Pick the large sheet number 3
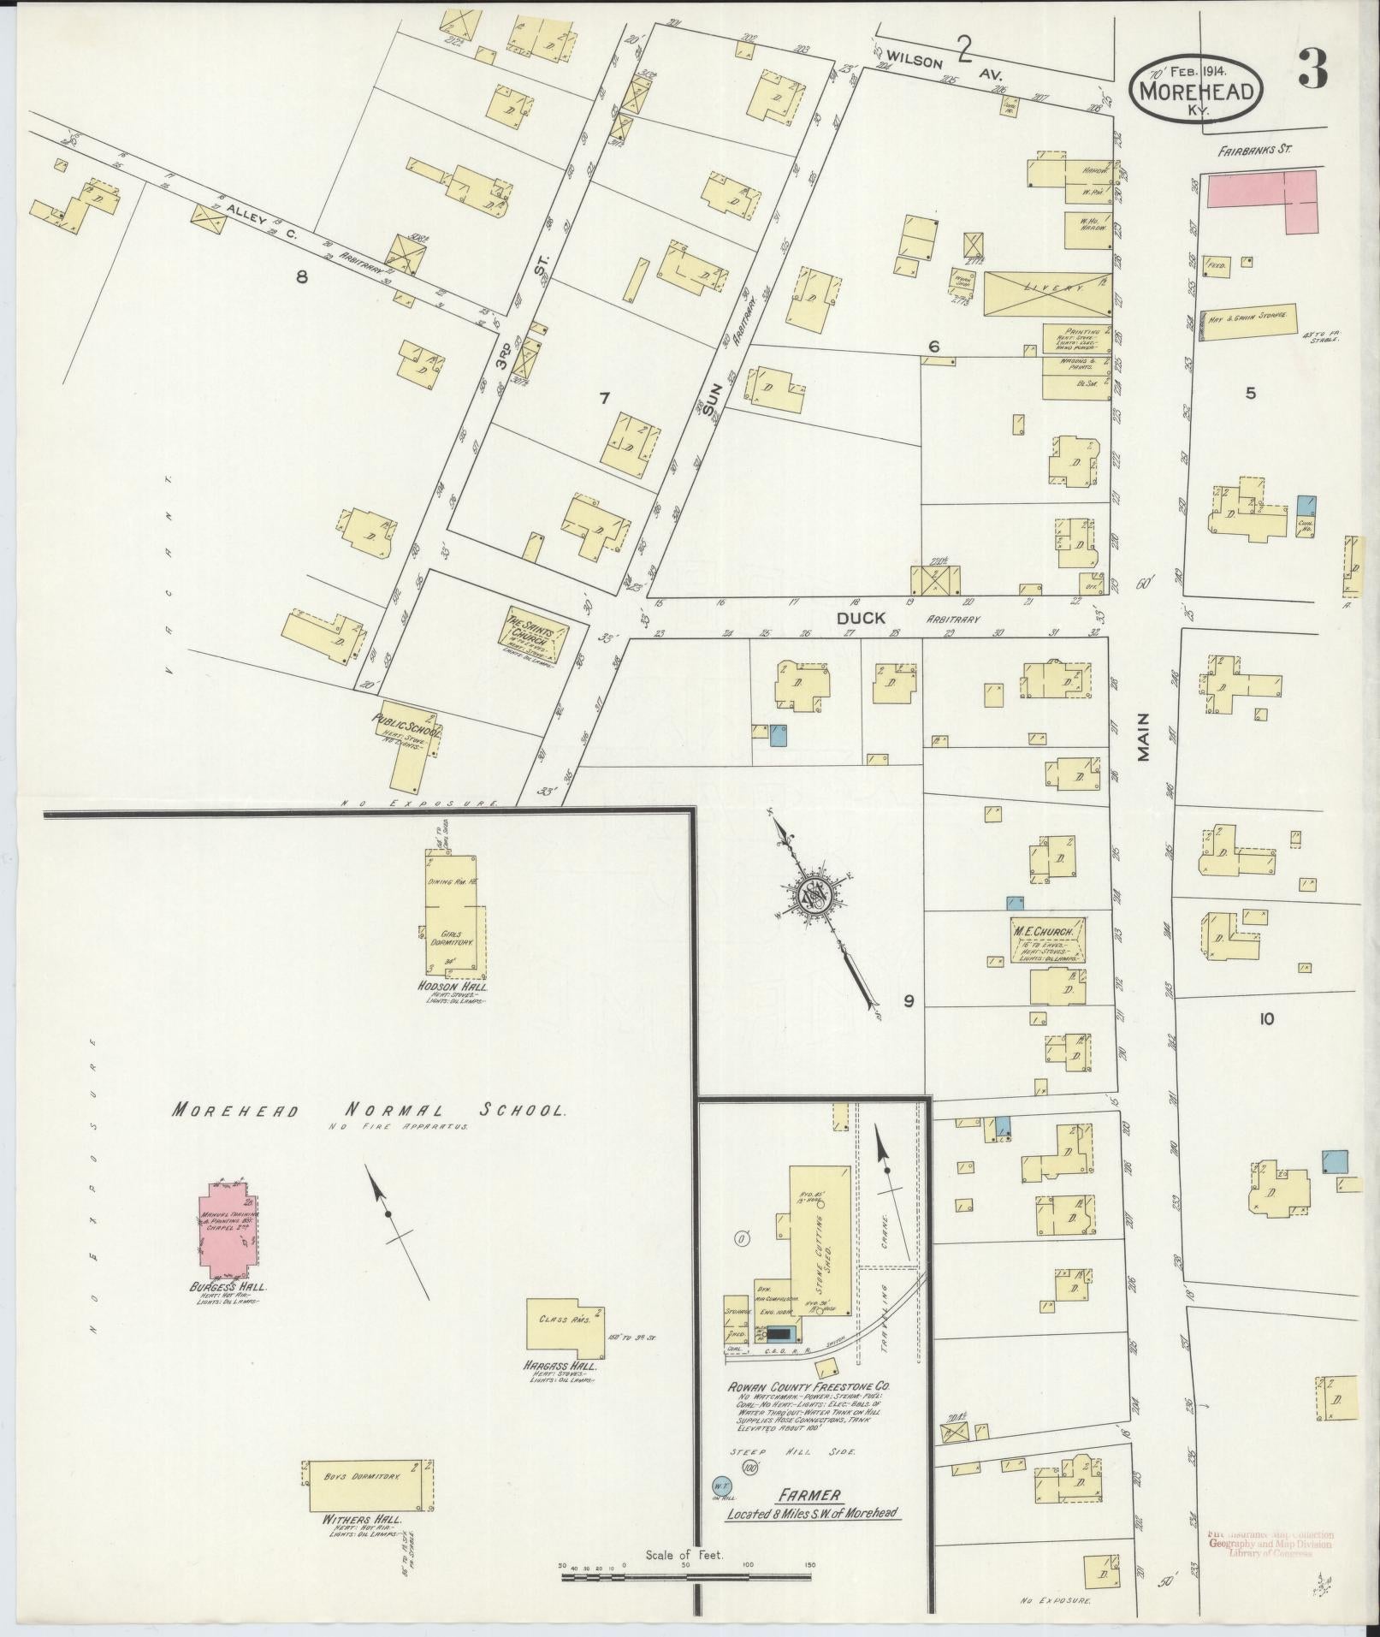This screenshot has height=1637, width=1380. [1312, 69]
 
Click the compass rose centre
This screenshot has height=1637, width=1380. [814, 896]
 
